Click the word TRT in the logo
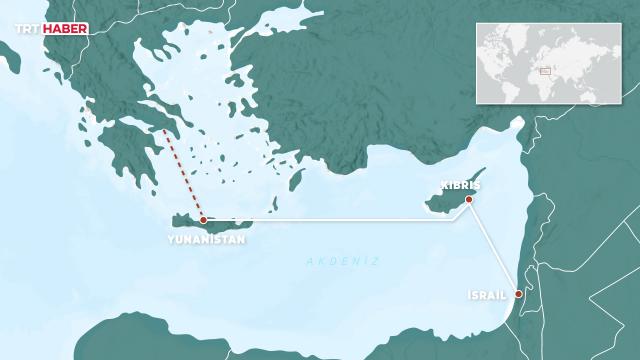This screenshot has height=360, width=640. [27, 31]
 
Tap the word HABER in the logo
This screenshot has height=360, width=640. [65, 31]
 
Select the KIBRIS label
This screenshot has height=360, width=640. [461, 186]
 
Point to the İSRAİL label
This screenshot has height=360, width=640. [487, 296]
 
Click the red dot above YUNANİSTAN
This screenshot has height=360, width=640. [203, 219]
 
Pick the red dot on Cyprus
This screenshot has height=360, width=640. [468, 200]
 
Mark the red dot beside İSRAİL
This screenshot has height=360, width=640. [517, 294]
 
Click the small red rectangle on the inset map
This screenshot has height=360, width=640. [546, 70]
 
